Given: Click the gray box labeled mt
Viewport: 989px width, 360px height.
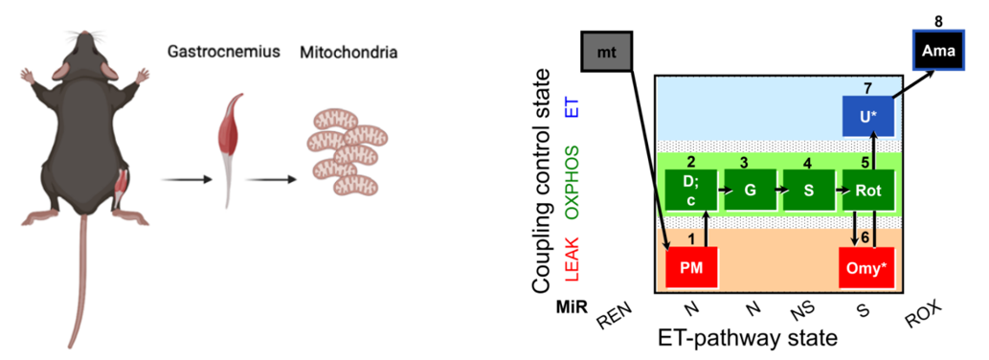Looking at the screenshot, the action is point(606,49).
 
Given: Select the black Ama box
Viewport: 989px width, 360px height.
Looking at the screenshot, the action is point(939,50).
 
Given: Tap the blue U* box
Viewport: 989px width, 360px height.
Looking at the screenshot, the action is point(868,116).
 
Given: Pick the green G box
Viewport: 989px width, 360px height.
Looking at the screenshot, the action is point(750,190).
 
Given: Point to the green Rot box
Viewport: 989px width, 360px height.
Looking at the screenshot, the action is point(868,190).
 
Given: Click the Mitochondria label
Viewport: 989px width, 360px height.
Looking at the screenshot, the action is point(348,53).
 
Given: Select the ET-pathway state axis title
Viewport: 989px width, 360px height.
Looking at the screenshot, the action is point(748,338).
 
